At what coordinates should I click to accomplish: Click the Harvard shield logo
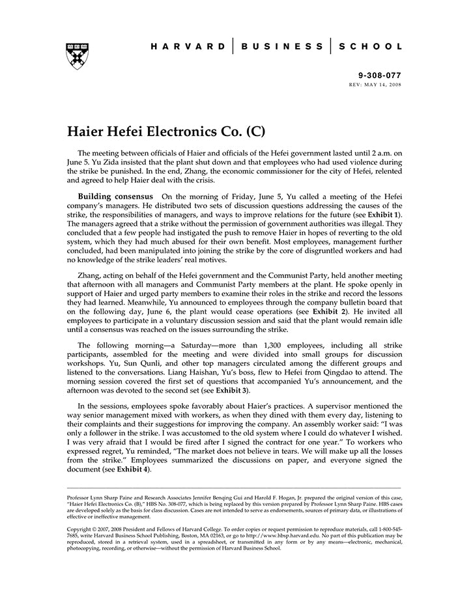point(78,57)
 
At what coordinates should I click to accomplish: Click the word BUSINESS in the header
point(281,47)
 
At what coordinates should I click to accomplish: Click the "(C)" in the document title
point(255,130)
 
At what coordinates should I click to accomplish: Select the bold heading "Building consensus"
point(115,196)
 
